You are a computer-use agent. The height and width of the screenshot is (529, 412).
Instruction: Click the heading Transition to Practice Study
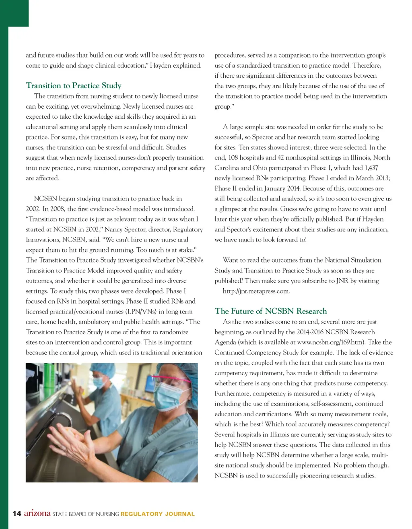pos(74,85)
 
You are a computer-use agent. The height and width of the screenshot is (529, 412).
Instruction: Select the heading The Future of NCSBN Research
pos(270,311)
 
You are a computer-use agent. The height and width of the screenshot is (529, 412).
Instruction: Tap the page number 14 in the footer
pos(16,513)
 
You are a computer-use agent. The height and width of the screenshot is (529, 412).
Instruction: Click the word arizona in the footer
pos(37,513)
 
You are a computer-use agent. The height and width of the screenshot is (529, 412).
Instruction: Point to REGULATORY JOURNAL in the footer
pos(157,514)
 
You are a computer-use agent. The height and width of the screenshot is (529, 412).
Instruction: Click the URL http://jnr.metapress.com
pos(256,291)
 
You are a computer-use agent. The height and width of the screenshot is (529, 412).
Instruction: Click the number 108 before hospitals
pos(233,158)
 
